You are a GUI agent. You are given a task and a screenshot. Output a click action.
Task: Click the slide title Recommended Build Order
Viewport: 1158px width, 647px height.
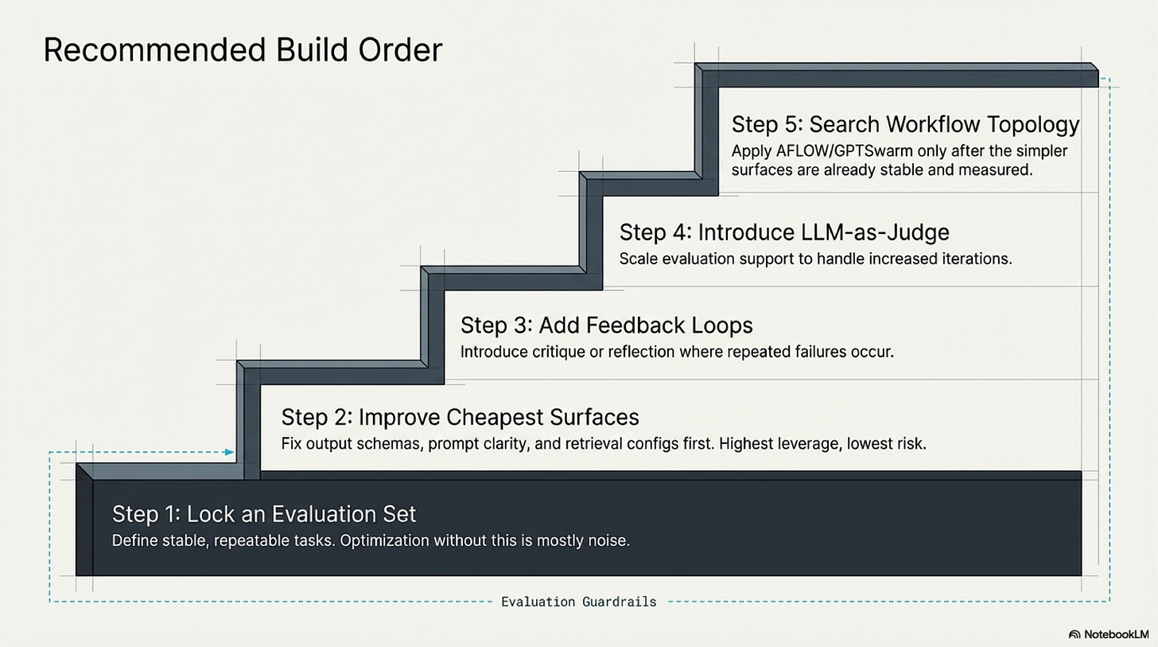[243, 49]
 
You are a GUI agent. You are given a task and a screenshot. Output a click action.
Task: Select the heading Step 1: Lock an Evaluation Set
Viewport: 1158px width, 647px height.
[264, 513]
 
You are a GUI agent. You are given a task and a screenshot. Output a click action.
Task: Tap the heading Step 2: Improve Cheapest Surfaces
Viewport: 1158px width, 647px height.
[460, 417]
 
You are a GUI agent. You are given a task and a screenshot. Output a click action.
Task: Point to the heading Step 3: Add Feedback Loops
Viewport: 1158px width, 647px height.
[606, 325]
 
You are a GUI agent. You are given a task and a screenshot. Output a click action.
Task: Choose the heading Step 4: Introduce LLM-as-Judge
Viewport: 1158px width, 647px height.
[783, 232]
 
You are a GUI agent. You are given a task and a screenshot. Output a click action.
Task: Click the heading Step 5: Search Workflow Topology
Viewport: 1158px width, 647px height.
[905, 124]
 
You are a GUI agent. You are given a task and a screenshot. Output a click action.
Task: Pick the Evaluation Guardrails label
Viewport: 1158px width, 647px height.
[578, 602]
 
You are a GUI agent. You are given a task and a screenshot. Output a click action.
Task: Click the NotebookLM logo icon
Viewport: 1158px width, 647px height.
[1074, 634]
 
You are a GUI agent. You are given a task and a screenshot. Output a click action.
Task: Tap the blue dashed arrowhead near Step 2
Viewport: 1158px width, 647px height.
[229, 452]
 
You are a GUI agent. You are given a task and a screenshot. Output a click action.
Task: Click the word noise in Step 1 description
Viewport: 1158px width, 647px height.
[608, 540]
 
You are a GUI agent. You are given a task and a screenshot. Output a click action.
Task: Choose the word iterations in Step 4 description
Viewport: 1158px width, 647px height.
[975, 259]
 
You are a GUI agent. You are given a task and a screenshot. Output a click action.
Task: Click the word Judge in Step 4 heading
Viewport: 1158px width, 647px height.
[918, 232]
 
